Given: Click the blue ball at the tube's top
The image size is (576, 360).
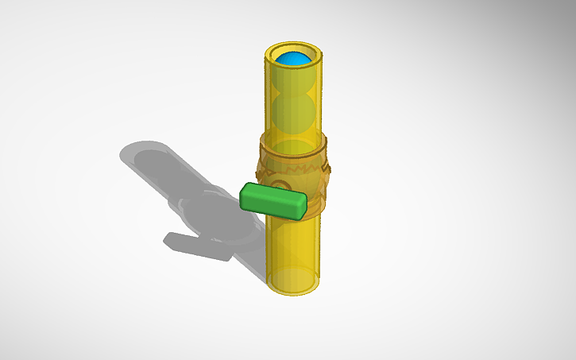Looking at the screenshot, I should (x=294, y=60).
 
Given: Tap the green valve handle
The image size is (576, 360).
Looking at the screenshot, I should (x=273, y=200).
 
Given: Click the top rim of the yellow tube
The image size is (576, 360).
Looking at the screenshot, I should (x=294, y=49).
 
